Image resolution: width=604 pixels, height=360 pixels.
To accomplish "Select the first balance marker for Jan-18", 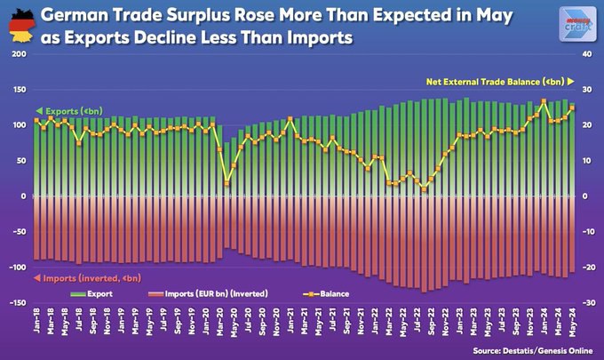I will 36,120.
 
